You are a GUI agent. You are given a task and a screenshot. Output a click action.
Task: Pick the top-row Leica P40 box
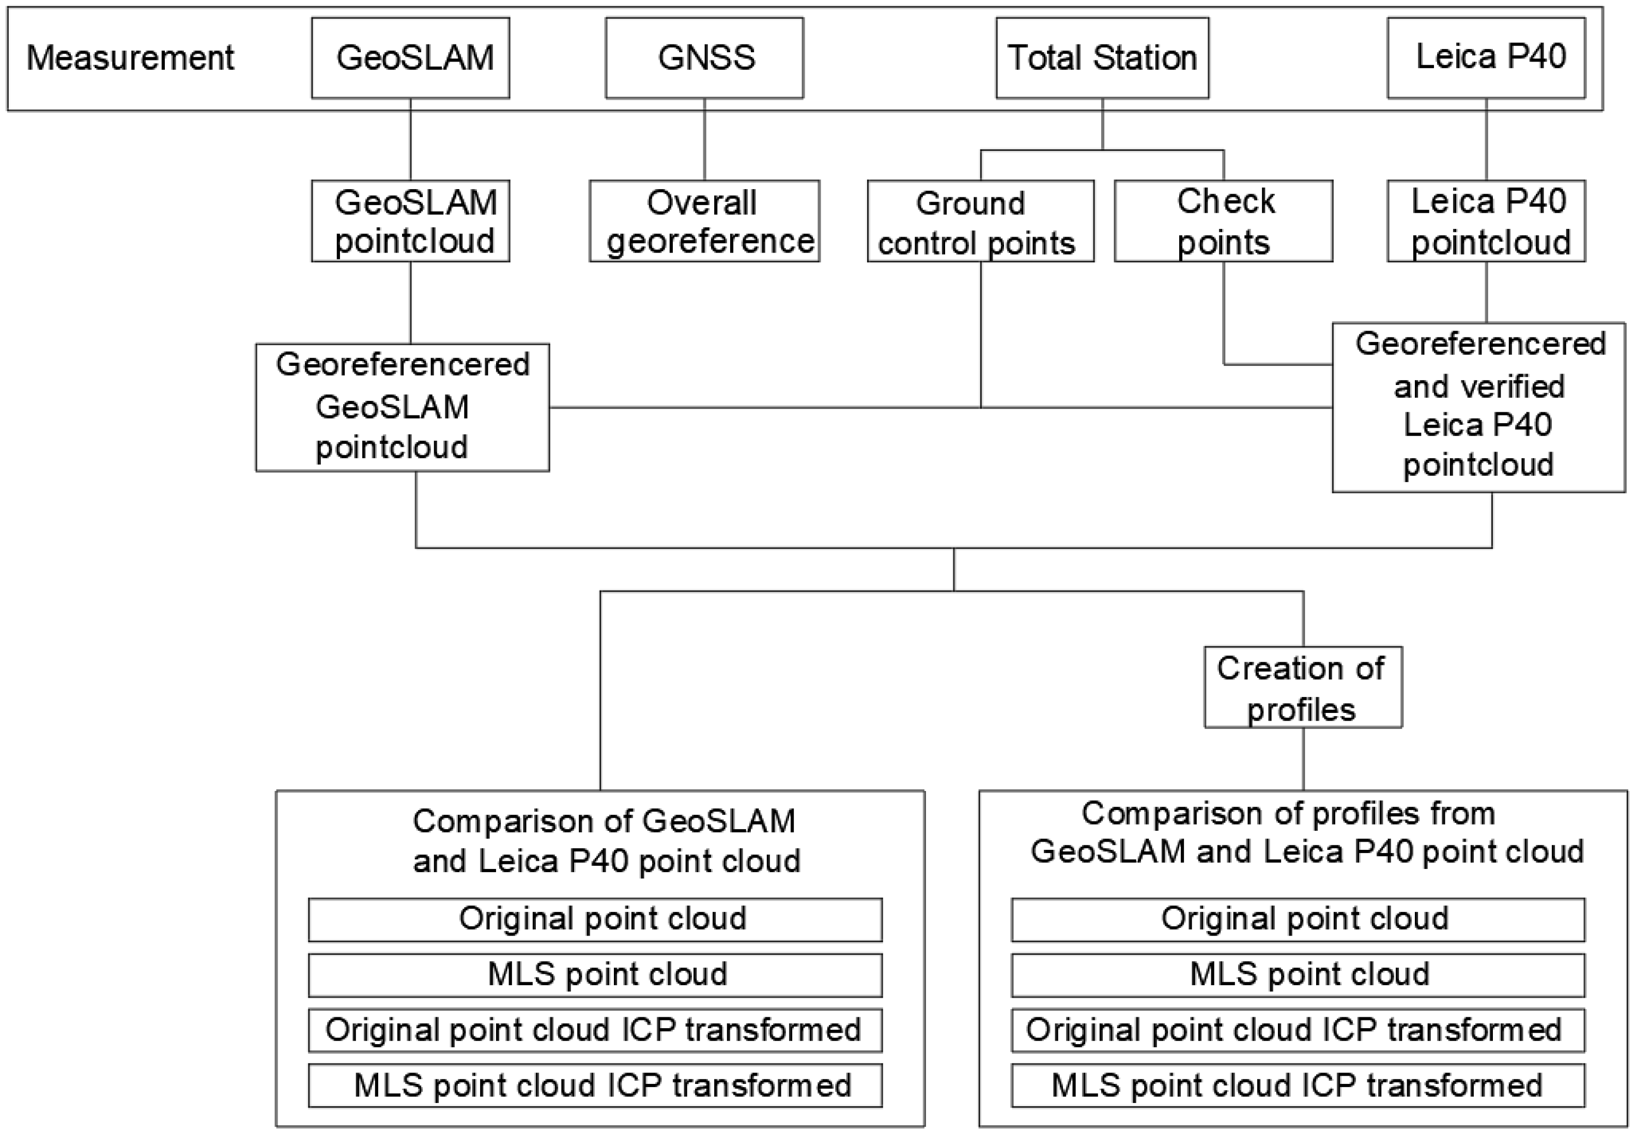(1486, 57)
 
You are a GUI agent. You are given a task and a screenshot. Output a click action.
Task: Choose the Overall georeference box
(704, 222)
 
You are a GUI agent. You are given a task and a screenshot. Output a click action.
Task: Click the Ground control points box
(980, 222)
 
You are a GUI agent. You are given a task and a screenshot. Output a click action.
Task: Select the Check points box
(1223, 222)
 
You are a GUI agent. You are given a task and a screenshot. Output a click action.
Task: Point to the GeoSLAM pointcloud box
(410, 222)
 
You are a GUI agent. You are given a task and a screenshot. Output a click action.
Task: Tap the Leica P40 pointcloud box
(1486, 222)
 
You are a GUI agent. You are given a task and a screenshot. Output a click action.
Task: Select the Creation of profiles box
(1303, 687)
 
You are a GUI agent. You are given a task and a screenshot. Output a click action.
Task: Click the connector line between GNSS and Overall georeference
(704, 139)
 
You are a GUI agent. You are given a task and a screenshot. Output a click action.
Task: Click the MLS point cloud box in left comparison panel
(595, 975)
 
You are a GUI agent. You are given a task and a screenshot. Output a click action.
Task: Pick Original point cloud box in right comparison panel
(1298, 919)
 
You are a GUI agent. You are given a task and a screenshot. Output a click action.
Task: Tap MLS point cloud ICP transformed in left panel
(595, 1085)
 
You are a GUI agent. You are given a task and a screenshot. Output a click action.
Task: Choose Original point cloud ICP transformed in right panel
(1298, 1030)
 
